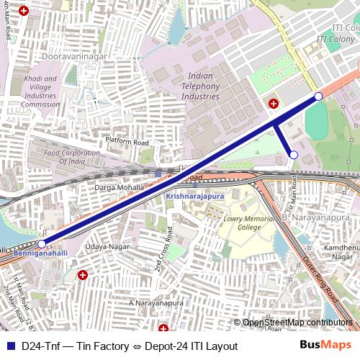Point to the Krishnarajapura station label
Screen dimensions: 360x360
click(x=194, y=195)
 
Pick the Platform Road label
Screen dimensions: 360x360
click(x=127, y=143)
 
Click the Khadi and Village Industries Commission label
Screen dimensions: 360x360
click(x=40, y=92)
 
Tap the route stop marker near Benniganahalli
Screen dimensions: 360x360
click(x=42, y=244)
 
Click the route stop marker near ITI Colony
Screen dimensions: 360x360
click(x=318, y=96)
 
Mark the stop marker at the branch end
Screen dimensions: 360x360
click(x=293, y=154)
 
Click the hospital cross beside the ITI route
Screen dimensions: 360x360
click(x=273, y=104)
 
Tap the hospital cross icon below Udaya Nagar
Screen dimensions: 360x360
click(x=83, y=274)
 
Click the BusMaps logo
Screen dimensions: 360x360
click(x=325, y=346)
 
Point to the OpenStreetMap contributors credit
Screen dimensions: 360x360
click(x=297, y=323)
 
